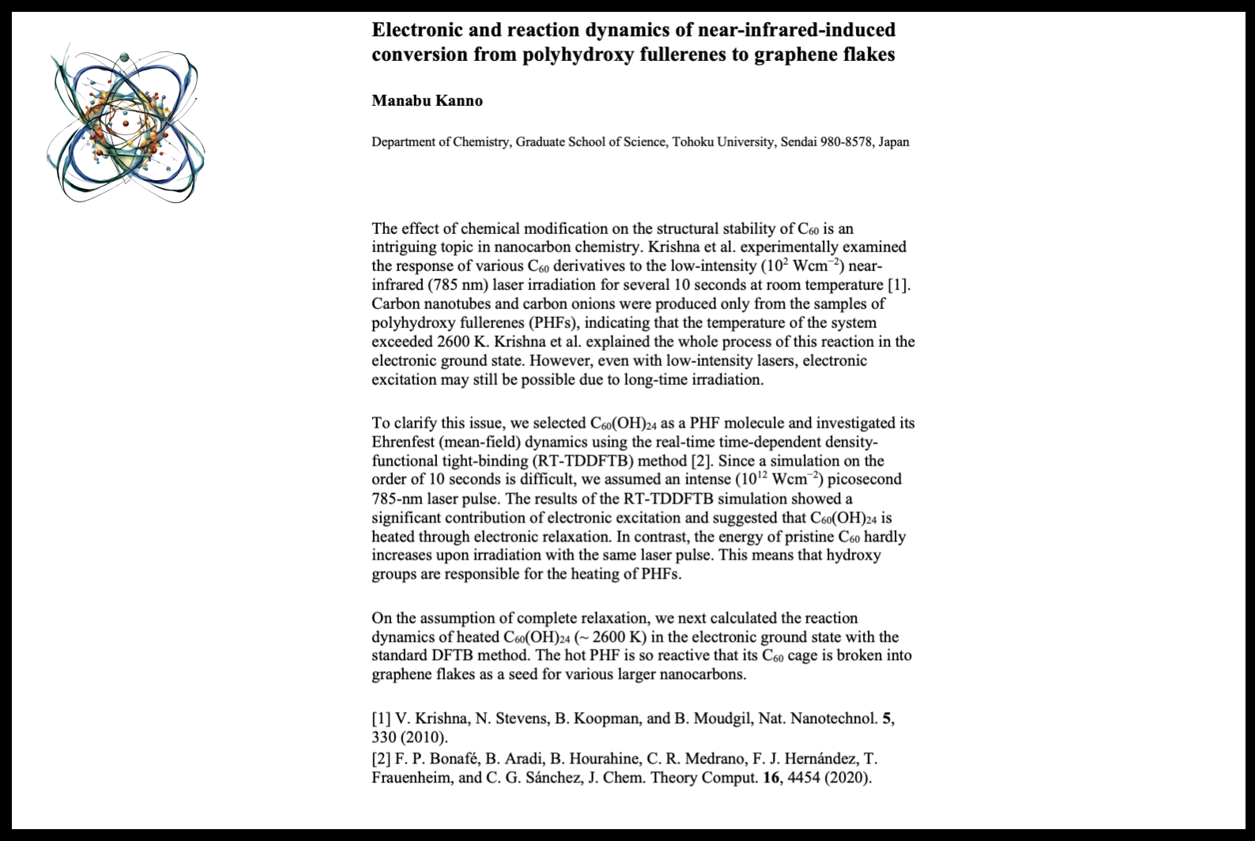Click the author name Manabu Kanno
point(427,100)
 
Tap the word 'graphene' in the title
point(791,55)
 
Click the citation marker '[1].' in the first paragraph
point(899,285)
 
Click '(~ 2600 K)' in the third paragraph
point(608,637)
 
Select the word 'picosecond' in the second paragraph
point(865,479)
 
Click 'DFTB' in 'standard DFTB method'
point(454,655)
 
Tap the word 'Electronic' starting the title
point(420,30)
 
